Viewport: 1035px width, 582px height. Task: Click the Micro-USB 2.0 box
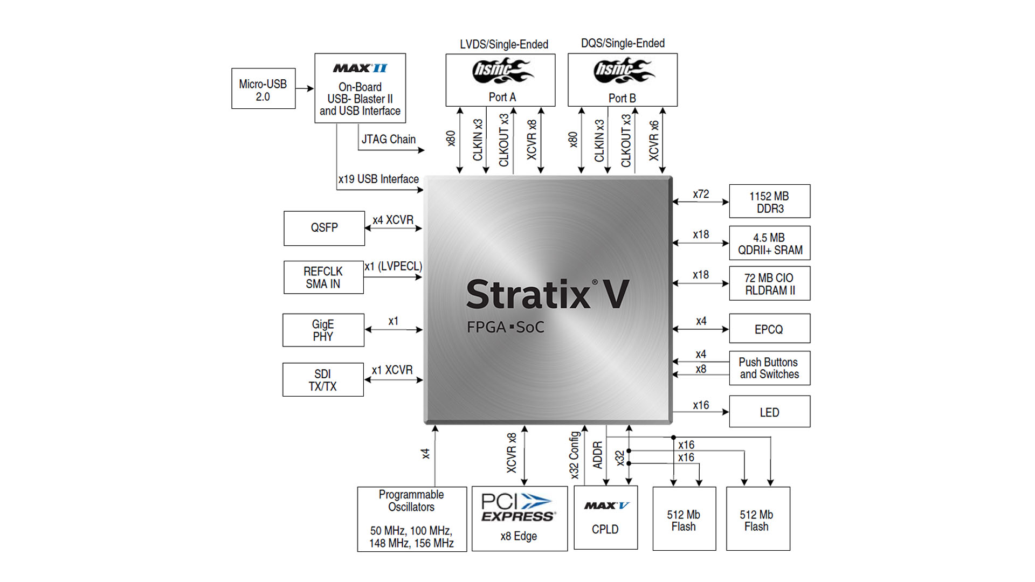tap(263, 89)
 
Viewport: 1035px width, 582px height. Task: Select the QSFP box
tap(324, 228)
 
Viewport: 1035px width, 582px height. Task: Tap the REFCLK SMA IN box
tap(323, 278)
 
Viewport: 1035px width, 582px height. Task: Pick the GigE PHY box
tap(323, 330)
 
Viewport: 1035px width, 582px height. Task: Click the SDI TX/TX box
tap(323, 380)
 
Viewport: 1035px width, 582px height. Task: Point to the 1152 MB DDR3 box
tap(769, 202)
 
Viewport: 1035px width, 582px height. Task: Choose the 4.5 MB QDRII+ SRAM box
tap(769, 243)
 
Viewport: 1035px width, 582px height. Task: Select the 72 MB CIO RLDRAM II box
tap(769, 283)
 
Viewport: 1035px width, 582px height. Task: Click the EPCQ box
tap(769, 329)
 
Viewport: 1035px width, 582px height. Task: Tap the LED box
tap(769, 412)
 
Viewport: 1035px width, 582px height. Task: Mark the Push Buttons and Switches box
tap(769, 368)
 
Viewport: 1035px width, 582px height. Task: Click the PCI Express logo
tap(517, 508)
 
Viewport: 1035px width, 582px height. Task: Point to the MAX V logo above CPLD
tap(606, 505)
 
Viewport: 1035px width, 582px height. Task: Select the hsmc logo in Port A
tap(501, 71)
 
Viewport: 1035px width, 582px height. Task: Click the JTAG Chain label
tap(388, 140)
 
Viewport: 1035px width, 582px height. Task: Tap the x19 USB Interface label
tap(378, 179)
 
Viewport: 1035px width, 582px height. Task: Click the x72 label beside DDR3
tap(701, 194)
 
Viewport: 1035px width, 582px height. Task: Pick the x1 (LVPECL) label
tap(393, 266)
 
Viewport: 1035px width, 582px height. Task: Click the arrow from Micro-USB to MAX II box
tap(305, 88)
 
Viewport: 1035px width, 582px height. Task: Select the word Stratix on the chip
tap(528, 295)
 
